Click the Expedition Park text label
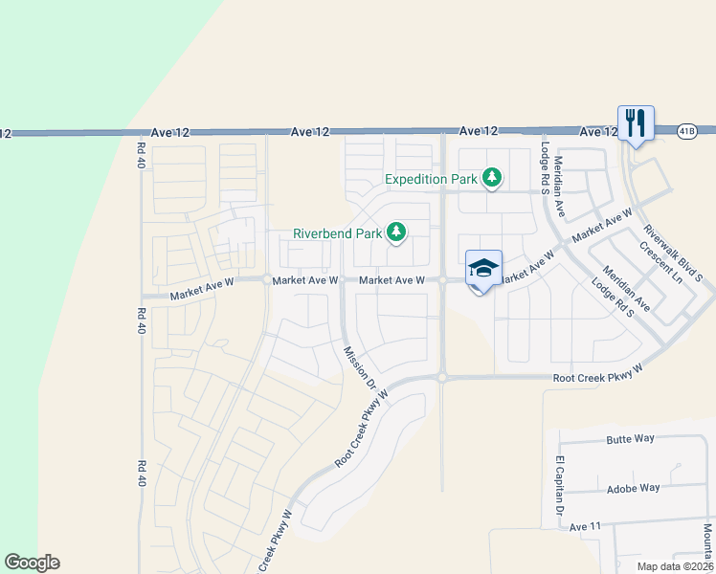[x=431, y=179]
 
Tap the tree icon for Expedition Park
[x=492, y=177]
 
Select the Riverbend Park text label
[x=337, y=233]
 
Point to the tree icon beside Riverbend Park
[x=395, y=232]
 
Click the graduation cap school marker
[x=483, y=269]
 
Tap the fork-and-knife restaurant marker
[x=636, y=123]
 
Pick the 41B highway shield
[x=686, y=129]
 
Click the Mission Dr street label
[x=359, y=367]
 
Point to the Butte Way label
[x=630, y=439]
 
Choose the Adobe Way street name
[x=634, y=488]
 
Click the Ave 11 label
[x=584, y=527]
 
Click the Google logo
[x=32, y=563]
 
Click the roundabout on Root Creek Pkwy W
[x=442, y=378]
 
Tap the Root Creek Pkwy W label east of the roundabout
[x=596, y=373]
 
